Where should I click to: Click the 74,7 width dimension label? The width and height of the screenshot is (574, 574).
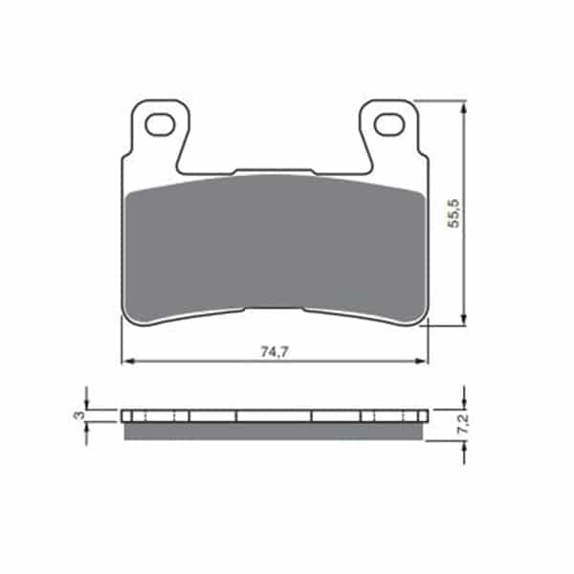point(275,352)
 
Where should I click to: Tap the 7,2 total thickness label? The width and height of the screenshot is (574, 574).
point(463,425)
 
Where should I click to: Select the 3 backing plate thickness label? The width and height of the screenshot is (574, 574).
point(78,415)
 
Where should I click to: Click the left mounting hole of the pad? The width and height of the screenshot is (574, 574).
point(160,124)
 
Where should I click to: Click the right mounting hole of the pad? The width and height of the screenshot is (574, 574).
point(388,124)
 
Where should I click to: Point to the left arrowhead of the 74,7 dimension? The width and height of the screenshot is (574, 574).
point(126,362)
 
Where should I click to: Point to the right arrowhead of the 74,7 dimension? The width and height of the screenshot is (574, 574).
point(422,362)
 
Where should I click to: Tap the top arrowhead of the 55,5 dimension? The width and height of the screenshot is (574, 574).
point(464,107)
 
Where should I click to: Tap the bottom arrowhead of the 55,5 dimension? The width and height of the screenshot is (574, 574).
point(464,319)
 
